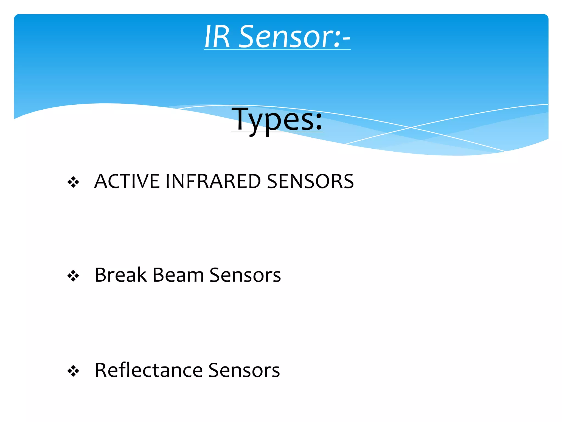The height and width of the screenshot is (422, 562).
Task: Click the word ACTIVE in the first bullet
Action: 127,182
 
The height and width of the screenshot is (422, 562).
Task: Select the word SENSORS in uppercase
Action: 310,182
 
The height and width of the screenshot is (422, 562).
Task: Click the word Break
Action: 121,275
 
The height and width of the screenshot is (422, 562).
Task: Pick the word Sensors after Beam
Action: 245,275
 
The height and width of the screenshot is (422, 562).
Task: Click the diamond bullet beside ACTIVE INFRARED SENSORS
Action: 73,182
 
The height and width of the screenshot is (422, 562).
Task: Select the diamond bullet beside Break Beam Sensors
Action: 73,276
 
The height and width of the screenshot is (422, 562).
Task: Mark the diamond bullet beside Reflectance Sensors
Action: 73,371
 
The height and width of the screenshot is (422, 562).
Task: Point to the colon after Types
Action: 318,122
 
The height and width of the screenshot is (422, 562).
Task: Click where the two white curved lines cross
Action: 411,127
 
